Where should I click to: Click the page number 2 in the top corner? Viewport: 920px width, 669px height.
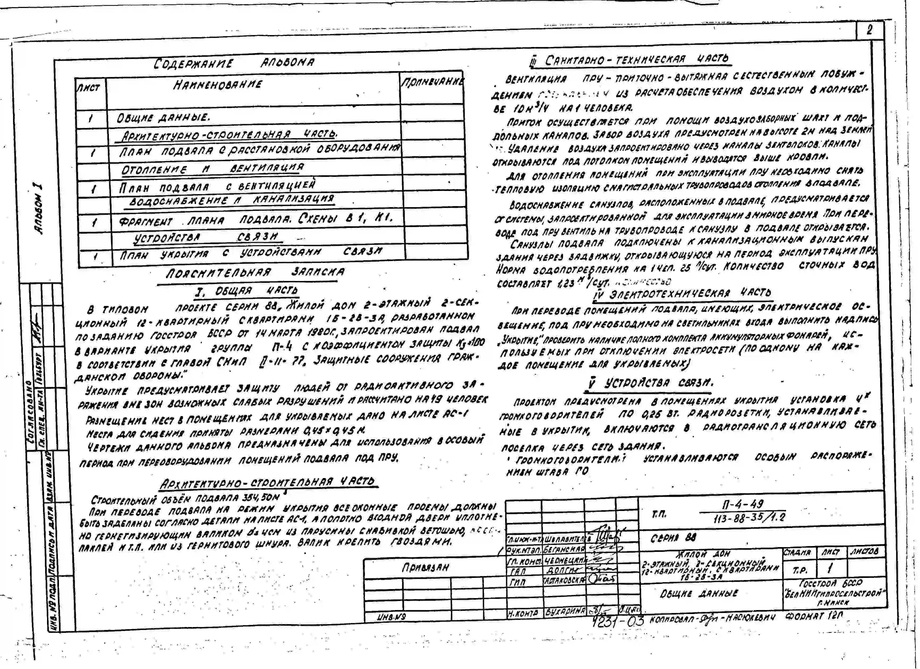point(869,30)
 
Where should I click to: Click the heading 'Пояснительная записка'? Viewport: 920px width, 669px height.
point(255,272)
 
